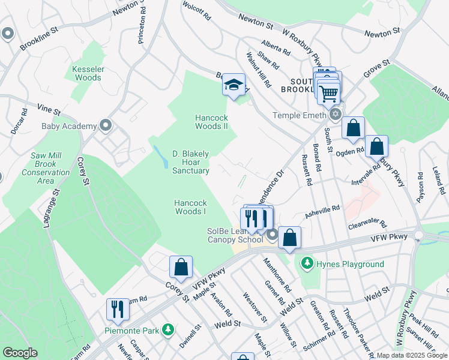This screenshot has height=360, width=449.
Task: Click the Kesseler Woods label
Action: pyautogui.click(x=88, y=73)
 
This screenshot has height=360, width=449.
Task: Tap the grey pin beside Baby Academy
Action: pyautogui.click(x=106, y=125)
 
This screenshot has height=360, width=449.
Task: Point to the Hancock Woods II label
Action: pyautogui.click(x=211, y=122)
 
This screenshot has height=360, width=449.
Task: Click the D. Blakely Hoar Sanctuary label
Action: pyautogui.click(x=191, y=162)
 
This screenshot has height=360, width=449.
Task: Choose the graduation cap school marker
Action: pyautogui.click(x=234, y=85)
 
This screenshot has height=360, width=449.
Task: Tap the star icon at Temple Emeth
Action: pyautogui.click(x=335, y=114)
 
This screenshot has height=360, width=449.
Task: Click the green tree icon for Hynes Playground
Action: pyautogui.click(x=307, y=263)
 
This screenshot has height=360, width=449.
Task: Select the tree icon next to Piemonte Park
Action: pyautogui.click(x=169, y=329)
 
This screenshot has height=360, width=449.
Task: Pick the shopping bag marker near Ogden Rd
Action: pyautogui.click(x=376, y=146)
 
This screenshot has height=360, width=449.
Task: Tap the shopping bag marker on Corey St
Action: pyautogui.click(x=181, y=267)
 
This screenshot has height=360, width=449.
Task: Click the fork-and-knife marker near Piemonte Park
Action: pyautogui.click(x=118, y=309)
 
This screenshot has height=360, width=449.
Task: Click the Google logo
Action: pyautogui.click(x=20, y=353)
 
